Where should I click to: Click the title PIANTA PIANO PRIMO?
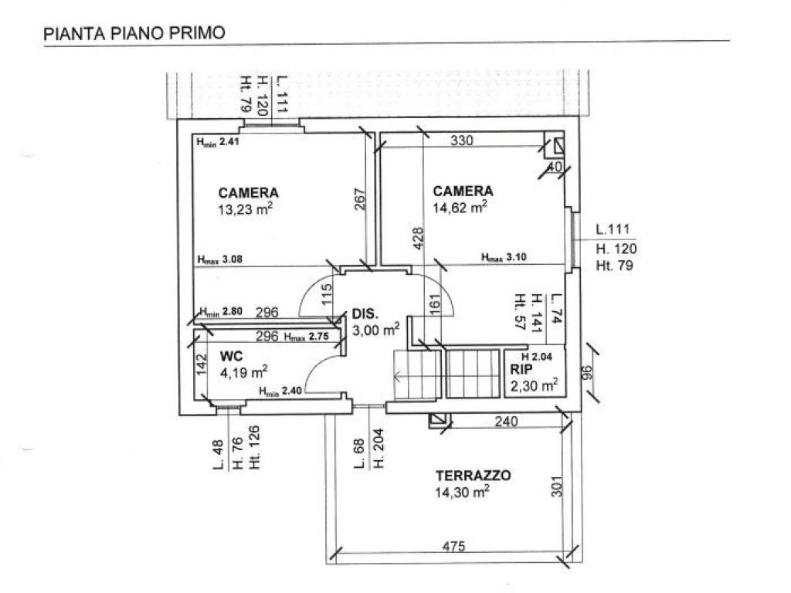134,33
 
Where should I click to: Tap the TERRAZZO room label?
473,476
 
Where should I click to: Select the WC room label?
232,356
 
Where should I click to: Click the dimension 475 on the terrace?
453,547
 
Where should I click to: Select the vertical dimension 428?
418,239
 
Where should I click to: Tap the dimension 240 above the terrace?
506,422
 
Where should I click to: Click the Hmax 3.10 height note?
503,258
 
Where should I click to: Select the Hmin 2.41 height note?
219,142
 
